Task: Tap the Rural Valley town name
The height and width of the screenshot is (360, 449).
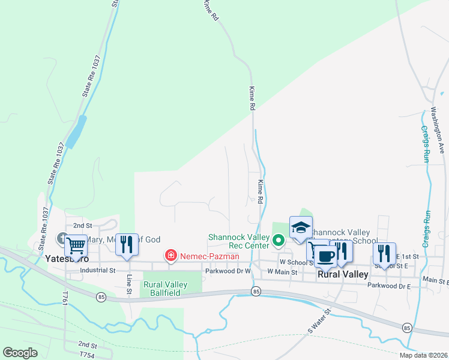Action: point(342,274)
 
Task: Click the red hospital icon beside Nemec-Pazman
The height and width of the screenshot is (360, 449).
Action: point(171,256)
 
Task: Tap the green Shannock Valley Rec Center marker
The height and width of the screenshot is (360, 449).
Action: point(278,241)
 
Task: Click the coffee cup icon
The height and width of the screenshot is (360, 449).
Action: point(326,256)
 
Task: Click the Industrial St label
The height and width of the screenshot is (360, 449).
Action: point(98,271)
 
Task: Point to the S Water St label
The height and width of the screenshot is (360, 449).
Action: point(319,321)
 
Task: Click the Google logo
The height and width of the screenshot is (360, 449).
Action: point(20,353)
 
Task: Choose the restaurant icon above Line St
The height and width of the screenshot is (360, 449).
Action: point(127,244)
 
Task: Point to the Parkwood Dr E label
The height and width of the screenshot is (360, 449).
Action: point(389,286)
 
